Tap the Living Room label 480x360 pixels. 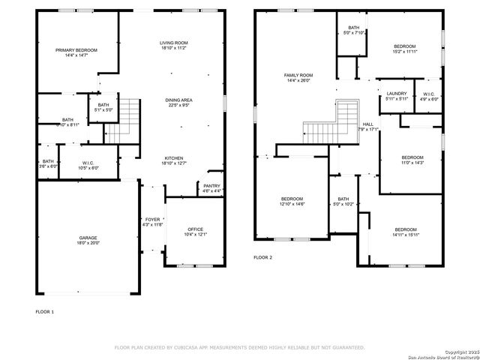click(173, 43)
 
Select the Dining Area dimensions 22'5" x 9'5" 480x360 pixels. click(178, 105)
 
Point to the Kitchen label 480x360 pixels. click(174, 157)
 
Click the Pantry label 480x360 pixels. click(211, 186)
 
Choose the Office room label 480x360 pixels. click(196, 229)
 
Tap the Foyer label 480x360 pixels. click(152, 219)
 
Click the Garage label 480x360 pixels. click(88, 238)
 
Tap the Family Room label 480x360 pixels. click(298, 75)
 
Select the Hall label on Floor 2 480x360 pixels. click(367, 124)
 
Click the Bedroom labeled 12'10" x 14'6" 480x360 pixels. click(292, 199)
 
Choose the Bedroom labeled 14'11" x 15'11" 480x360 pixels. click(406, 229)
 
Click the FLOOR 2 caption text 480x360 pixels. click(262, 257)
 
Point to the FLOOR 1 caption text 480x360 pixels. click(45, 310)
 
